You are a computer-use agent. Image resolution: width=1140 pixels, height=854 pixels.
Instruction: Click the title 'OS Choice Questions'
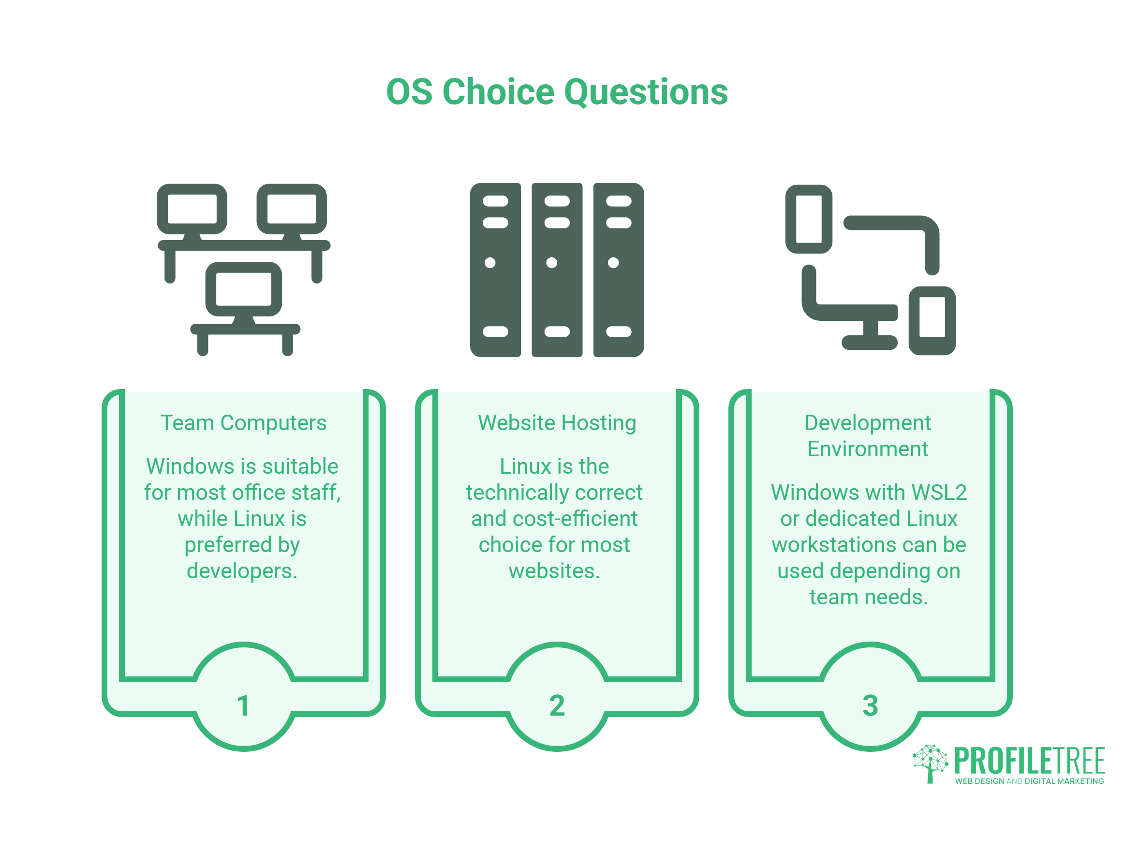coord(557,92)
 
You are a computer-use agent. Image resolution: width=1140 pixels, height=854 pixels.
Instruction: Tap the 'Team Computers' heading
coord(243,423)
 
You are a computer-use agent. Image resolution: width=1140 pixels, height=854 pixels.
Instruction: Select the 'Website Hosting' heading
coord(557,423)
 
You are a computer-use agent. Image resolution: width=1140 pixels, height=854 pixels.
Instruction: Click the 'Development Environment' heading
coord(868,436)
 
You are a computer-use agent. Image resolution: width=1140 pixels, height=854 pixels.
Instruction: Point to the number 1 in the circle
coord(243,705)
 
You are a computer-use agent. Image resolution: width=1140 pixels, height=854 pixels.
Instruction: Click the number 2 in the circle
coord(557,705)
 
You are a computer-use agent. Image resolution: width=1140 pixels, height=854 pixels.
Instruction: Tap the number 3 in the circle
coord(871,705)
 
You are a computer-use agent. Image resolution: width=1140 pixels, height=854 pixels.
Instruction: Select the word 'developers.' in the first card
coord(242,571)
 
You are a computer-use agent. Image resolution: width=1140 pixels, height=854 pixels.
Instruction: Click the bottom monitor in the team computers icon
coord(244,289)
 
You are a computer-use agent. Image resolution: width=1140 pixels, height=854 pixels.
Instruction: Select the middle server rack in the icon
coord(557,270)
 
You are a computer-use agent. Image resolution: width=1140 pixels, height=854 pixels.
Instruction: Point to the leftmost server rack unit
coord(495,270)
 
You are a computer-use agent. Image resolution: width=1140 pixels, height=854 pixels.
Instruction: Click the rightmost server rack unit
coord(619,270)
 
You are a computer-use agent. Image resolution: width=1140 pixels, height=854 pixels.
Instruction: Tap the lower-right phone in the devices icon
coord(933,321)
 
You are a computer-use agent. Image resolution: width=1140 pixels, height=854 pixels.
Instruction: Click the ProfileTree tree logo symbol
coord(931,764)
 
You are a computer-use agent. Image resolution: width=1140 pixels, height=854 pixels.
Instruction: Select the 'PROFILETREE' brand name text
coord(1029,761)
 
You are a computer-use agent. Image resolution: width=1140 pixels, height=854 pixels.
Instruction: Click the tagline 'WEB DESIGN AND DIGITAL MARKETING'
coord(1029,781)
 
